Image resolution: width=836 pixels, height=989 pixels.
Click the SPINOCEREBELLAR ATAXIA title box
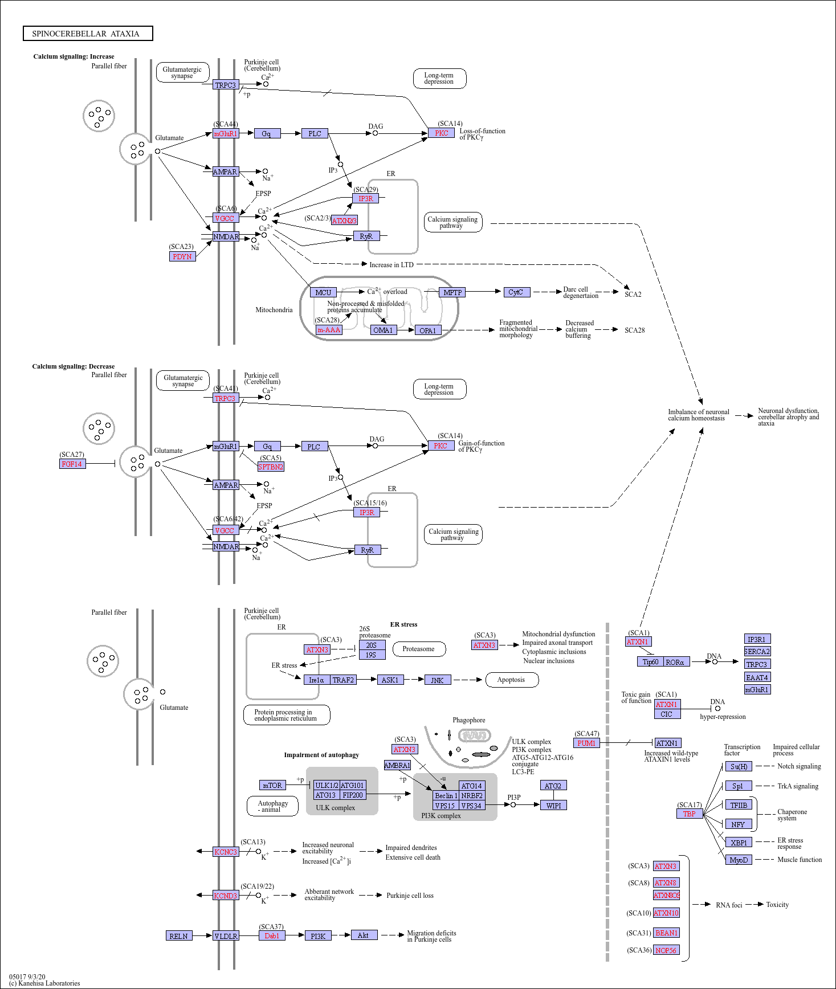coord(88,34)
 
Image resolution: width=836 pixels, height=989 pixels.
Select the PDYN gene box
coord(182,256)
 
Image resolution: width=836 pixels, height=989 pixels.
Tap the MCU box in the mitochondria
coord(323,292)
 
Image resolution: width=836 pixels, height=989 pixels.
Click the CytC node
coord(516,292)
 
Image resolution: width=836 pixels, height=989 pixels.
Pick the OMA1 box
coord(383,330)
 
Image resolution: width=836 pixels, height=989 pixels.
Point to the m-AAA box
coord(329,330)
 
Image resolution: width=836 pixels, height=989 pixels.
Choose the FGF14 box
coord(72,464)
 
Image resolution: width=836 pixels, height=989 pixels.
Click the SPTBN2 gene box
coord(271,467)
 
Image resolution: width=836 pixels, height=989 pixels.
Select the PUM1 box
coord(586,743)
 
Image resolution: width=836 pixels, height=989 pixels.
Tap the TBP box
coord(690,814)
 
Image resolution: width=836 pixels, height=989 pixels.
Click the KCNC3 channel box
coord(226,852)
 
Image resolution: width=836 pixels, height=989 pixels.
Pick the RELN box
coord(179,936)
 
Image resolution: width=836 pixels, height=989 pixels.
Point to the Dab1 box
coord(272,935)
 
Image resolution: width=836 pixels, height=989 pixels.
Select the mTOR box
coord(272,785)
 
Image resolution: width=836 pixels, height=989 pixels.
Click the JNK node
coord(438,680)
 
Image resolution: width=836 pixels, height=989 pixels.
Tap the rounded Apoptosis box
coord(511,680)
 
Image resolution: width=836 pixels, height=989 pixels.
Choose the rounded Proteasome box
coord(418,649)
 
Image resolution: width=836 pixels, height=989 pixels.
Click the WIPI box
coord(553,806)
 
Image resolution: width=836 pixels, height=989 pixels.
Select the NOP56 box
coord(666,950)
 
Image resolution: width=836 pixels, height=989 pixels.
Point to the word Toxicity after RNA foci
coord(777,905)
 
